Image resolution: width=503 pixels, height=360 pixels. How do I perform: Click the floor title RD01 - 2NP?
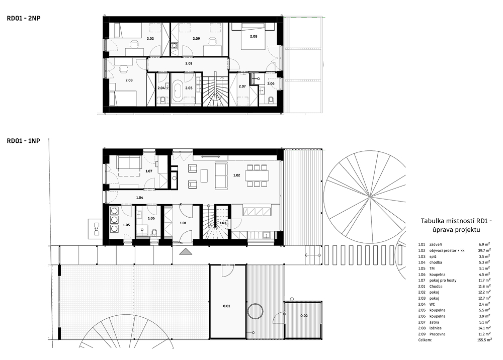pyautogui.click(x=24, y=18)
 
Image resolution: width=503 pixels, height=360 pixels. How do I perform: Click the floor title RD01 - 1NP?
pyautogui.click(x=24, y=141)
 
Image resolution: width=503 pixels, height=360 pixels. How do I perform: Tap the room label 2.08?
pyautogui.click(x=254, y=37)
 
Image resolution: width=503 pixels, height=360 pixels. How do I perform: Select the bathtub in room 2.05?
pyautogui.click(x=178, y=92)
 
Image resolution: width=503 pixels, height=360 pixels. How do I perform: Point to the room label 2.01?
pyautogui.click(x=189, y=63)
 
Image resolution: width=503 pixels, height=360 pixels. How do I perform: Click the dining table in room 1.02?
pyautogui.click(x=257, y=175)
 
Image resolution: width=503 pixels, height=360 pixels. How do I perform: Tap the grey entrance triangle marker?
pyautogui.click(x=186, y=252)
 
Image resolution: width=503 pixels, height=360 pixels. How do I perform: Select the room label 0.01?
pyautogui.click(x=226, y=306)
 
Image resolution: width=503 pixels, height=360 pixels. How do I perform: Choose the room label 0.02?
pyautogui.click(x=304, y=316)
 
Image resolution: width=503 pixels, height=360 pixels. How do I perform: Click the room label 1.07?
pyautogui.click(x=149, y=171)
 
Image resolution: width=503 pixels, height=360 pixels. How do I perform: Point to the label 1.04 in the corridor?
pyautogui.click(x=139, y=198)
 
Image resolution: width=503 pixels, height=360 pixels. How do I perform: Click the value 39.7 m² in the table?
pyautogui.click(x=484, y=250)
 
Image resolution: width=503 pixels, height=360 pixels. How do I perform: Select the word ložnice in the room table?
pyautogui.click(x=435, y=328)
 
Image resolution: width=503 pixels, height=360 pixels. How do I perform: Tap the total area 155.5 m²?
pyautogui.click(x=484, y=340)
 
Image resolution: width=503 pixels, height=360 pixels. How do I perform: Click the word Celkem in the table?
pyautogui.click(x=425, y=340)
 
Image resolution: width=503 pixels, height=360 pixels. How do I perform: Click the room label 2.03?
pyautogui.click(x=129, y=80)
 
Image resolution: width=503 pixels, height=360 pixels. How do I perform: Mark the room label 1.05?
pyautogui.click(x=126, y=225)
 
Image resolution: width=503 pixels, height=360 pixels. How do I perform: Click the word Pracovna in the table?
pyautogui.click(x=437, y=334)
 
